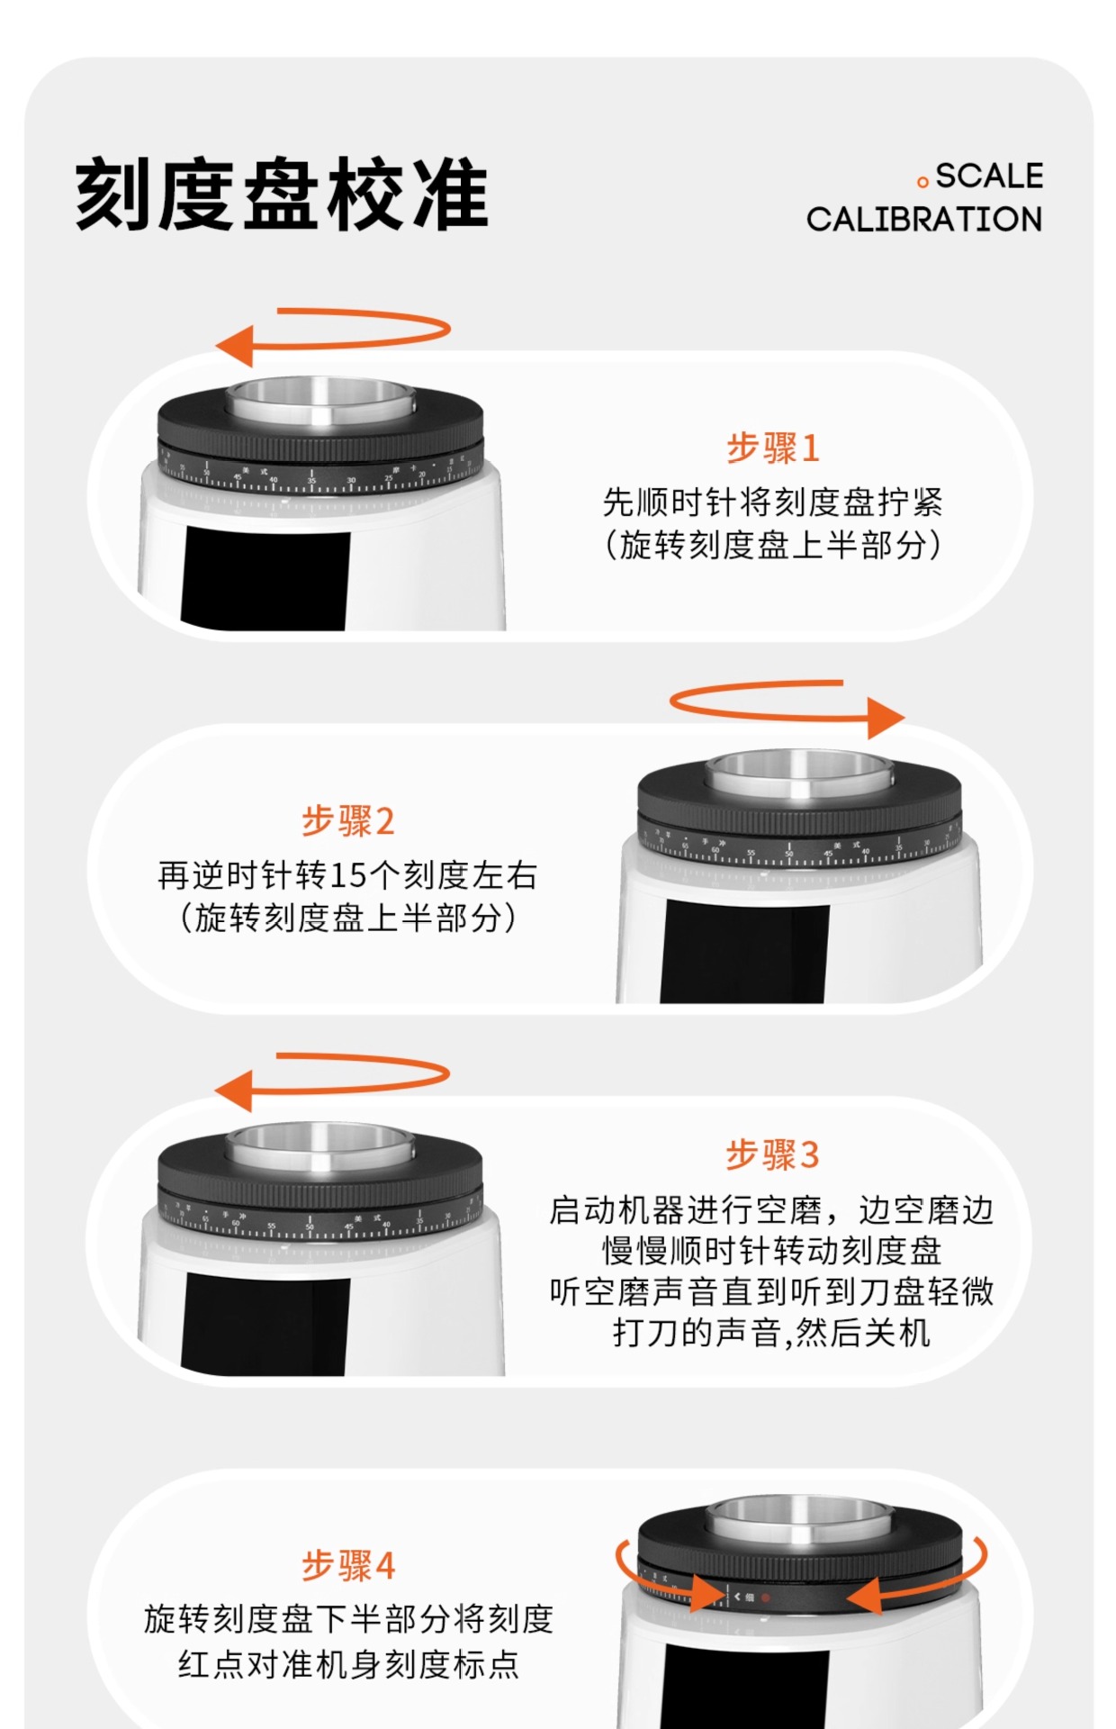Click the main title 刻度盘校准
282,195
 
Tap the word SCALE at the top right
989,176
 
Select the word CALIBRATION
923,219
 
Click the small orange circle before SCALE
922,183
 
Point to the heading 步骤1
773,448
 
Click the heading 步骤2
347,820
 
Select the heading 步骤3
773,1154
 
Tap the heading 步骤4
347,1565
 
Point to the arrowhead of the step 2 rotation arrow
886,718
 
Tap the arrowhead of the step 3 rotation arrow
233,1091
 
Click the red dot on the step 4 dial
766,1598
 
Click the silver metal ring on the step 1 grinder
320,403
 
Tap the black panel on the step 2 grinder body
745,953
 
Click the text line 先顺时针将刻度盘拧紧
773,502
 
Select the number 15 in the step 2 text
346,875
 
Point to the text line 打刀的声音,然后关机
771,1332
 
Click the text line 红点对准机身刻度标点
348,1663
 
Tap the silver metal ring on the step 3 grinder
320,1148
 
